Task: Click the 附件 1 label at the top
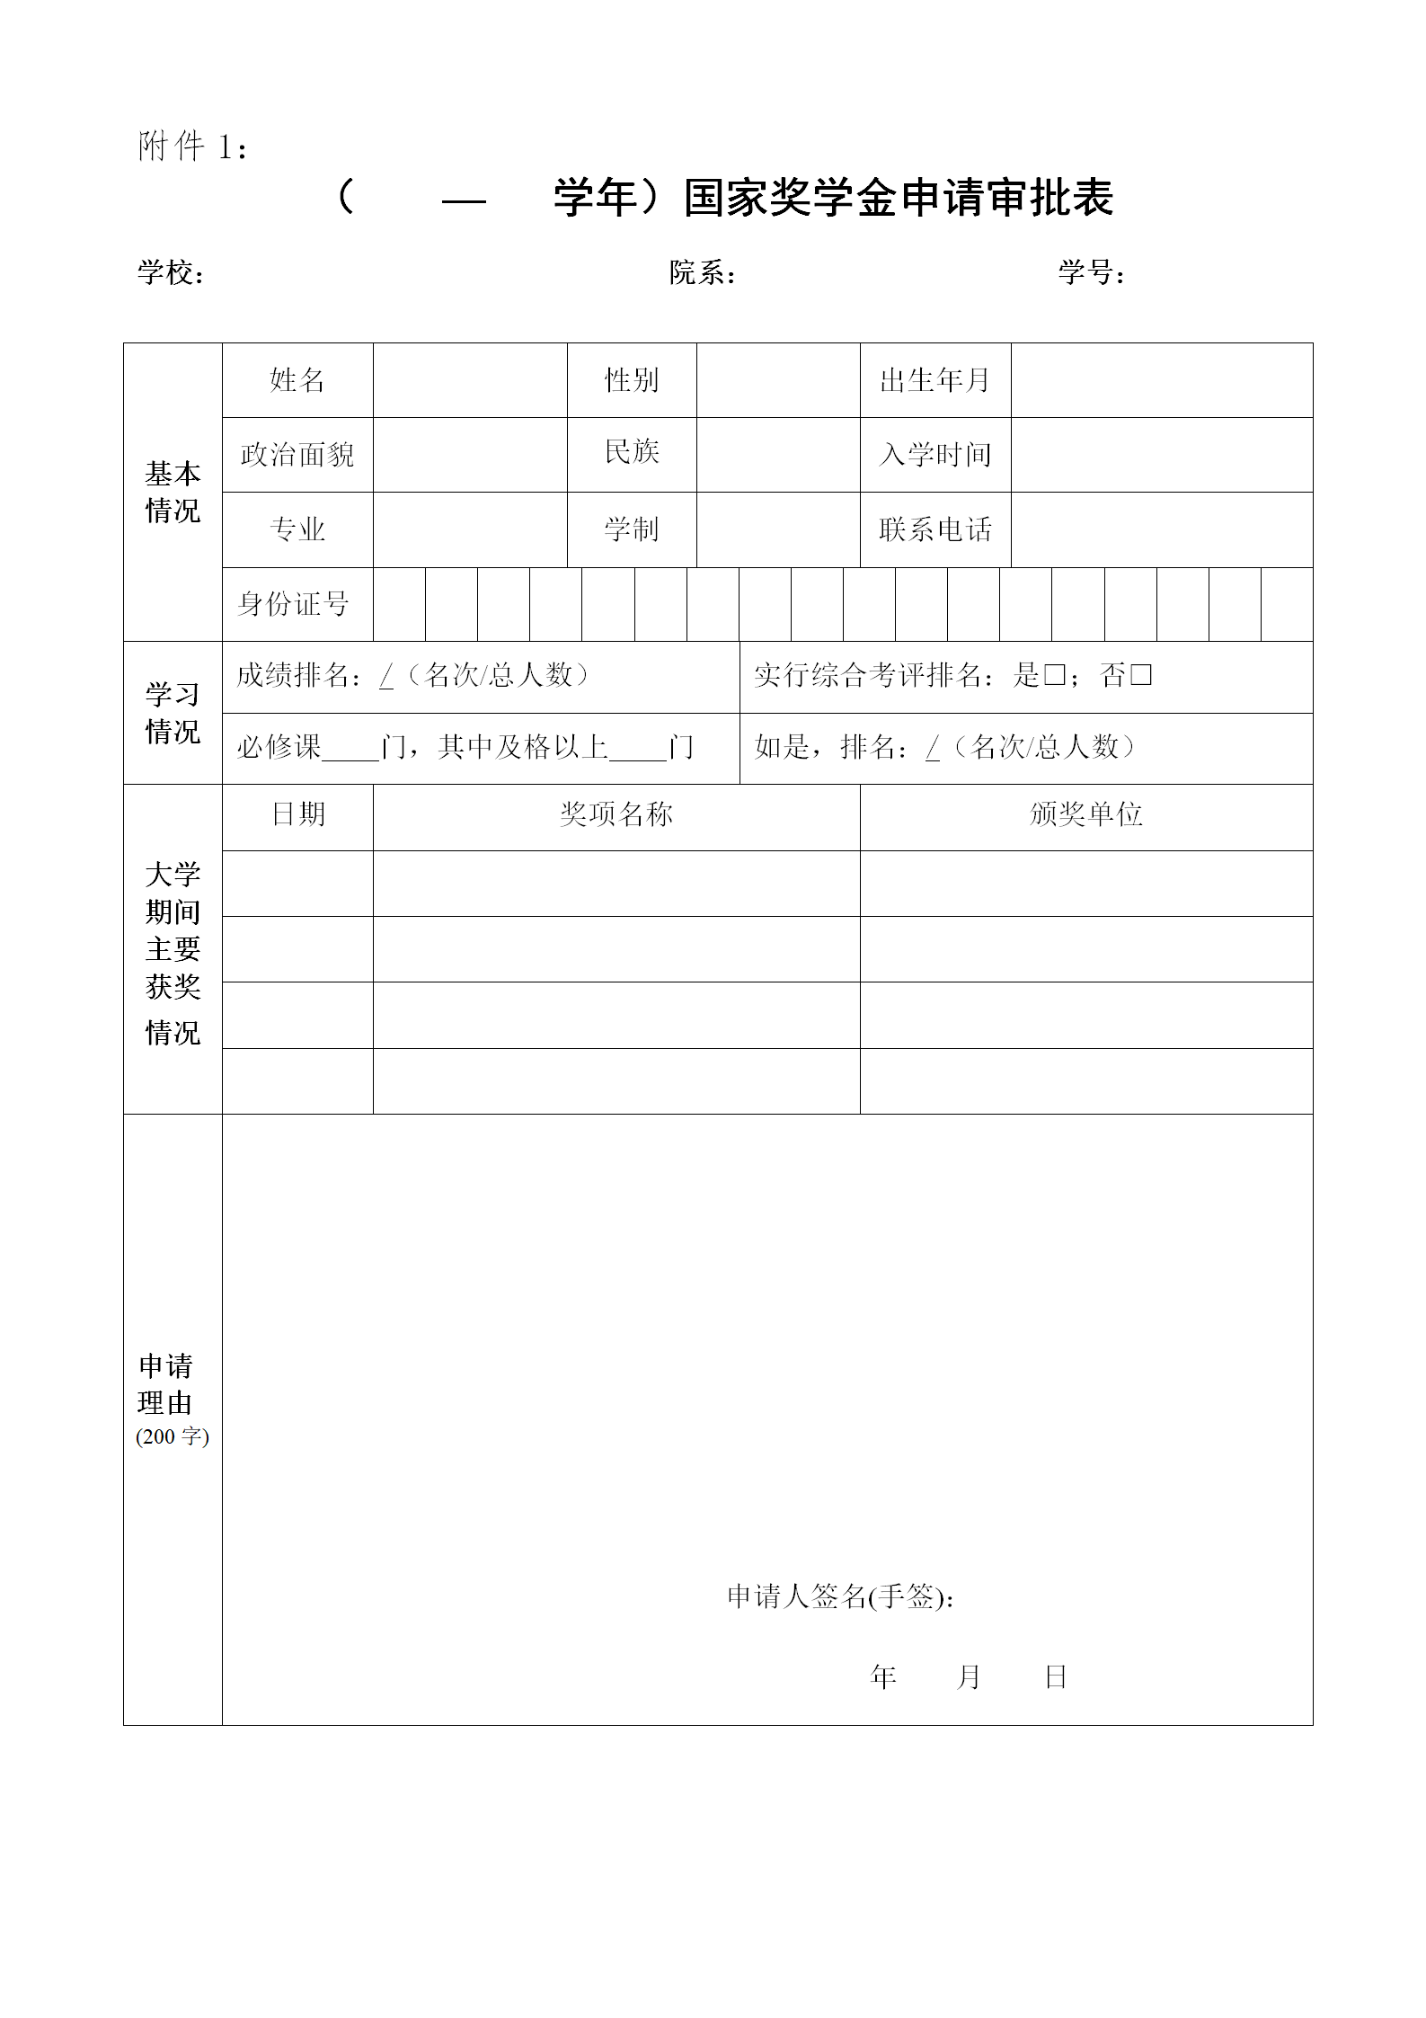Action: click(x=192, y=147)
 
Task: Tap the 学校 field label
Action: click(x=171, y=272)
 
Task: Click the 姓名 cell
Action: click(x=297, y=380)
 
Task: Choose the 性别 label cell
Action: click(x=632, y=380)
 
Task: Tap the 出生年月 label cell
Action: click(x=935, y=380)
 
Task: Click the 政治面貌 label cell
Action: click(x=297, y=455)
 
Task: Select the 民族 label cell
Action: click(x=632, y=451)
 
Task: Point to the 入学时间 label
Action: click(x=935, y=455)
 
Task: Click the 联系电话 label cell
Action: click(x=935, y=529)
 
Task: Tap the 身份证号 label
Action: click(x=294, y=604)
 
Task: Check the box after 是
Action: click(x=1055, y=674)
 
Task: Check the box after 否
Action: click(x=1141, y=674)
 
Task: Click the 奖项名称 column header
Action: click(x=616, y=814)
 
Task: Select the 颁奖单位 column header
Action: click(x=1086, y=814)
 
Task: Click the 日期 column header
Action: click(x=298, y=814)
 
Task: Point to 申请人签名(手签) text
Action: click(x=840, y=1596)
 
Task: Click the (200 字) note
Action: click(x=173, y=1436)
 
